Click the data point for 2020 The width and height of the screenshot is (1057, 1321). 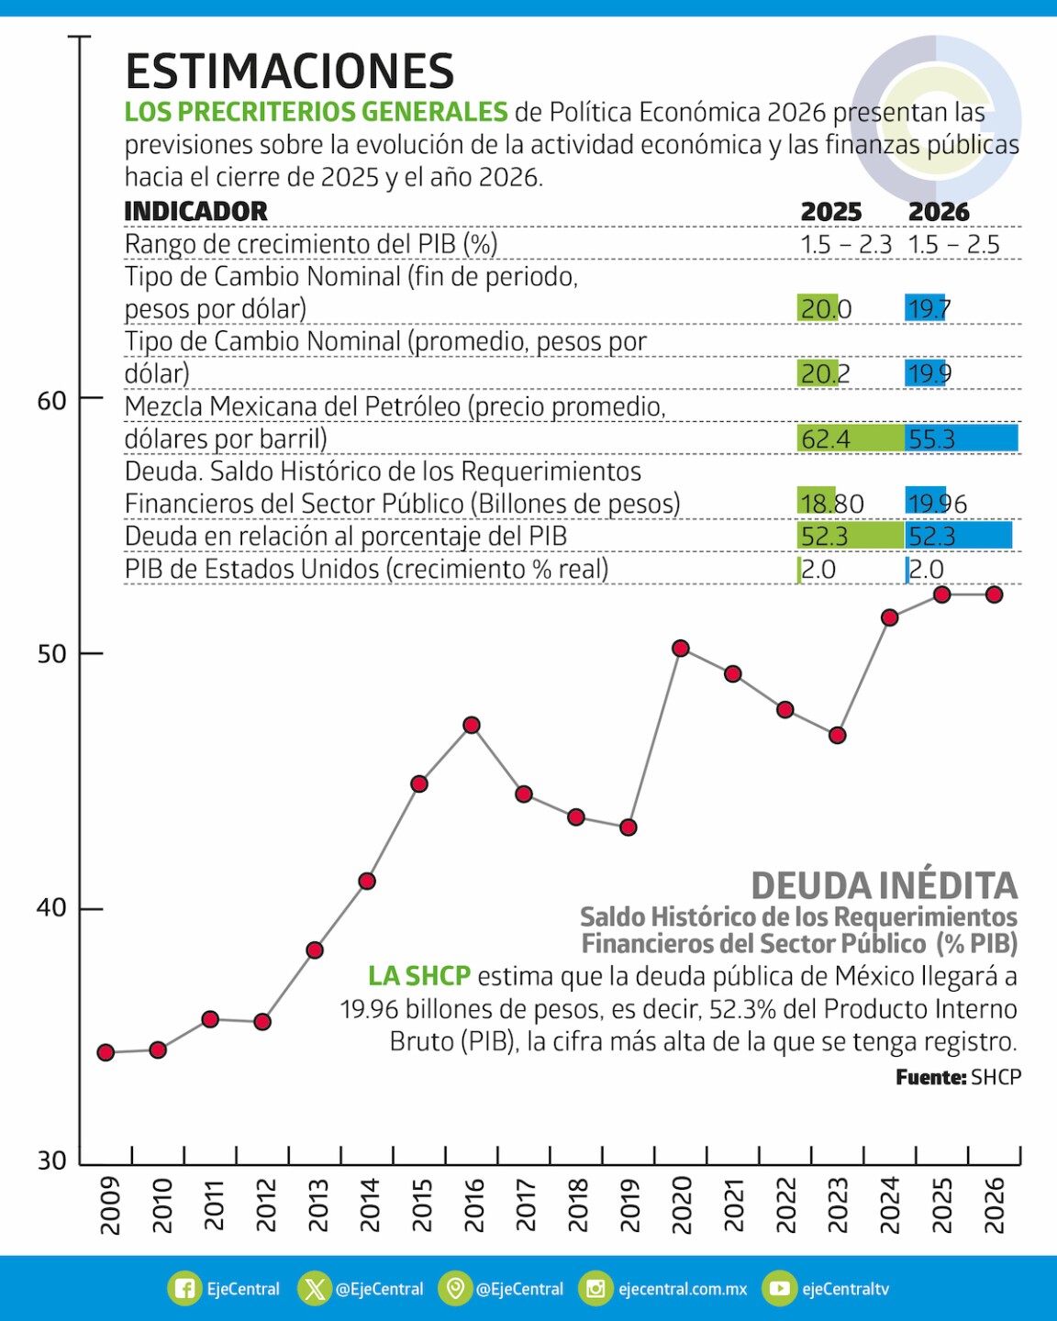coord(680,649)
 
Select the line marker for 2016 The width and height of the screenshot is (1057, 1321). coord(472,726)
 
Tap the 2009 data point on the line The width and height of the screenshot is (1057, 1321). coord(106,1052)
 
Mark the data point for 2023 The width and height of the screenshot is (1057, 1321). coord(837,736)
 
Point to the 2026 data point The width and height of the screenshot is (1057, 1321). coord(994,594)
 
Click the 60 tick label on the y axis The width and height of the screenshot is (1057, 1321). coord(51,401)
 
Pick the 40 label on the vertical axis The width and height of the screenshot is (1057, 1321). coord(51,908)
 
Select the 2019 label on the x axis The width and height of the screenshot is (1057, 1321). coord(629,1204)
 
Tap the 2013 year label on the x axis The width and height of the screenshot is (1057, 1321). coord(317,1204)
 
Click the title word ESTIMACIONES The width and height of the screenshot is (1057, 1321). coord(289,72)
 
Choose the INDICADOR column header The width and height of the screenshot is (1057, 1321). coord(195,211)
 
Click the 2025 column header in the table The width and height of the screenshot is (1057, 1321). coord(830,212)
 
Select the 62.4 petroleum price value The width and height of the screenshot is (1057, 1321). coord(826,439)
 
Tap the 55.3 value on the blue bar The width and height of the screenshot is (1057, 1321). coord(931,439)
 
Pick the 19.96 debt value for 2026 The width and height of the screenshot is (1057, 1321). coord(937,504)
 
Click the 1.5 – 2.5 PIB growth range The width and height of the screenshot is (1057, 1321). coord(953,245)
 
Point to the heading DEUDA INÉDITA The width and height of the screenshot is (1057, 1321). coord(884,886)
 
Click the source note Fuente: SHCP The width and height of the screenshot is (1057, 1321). coord(958,1077)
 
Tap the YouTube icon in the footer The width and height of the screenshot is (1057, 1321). coord(779,1289)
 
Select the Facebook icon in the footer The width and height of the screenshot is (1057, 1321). coord(184,1289)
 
